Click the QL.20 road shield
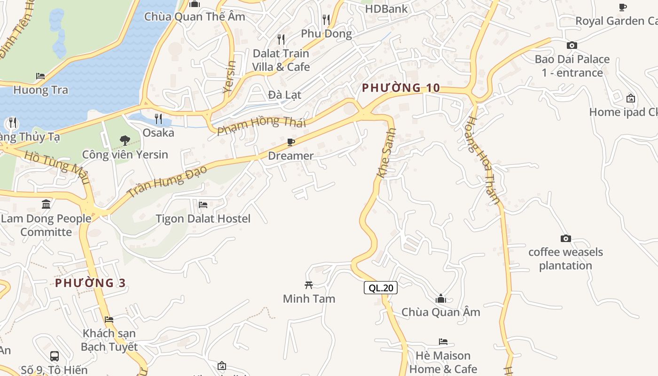[x=381, y=288]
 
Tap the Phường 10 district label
[x=401, y=88]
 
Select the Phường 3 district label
[x=90, y=283]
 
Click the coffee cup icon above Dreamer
[x=291, y=142]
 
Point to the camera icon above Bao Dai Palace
[x=572, y=45]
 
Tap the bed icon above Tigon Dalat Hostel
[x=203, y=205]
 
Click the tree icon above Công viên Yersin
[x=125, y=140]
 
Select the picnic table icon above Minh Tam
[x=309, y=285]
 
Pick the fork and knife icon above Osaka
[x=158, y=118]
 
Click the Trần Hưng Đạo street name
[x=167, y=180]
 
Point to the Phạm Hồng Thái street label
[x=261, y=125]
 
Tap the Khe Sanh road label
[x=386, y=153]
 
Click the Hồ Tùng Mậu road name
[x=56, y=167]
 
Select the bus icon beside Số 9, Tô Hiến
[x=55, y=356]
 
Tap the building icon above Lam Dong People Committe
[x=46, y=204]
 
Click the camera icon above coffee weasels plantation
[x=566, y=239]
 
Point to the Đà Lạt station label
[x=284, y=94]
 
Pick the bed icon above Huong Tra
[x=40, y=76]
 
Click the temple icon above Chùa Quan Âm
[x=441, y=298]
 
